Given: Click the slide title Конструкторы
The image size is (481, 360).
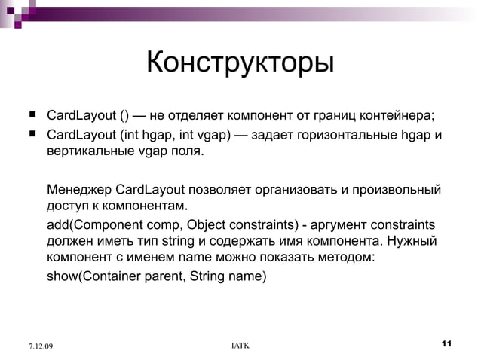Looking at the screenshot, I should [240, 63].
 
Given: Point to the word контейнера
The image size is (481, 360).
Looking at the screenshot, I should [397, 116].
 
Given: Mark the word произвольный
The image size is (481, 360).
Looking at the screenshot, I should [402, 188].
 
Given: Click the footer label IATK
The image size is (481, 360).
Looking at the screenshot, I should [240, 345].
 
